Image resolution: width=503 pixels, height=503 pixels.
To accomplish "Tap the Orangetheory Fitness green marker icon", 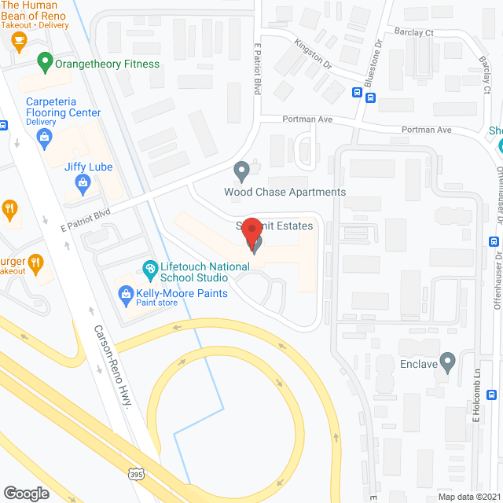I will (45, 61).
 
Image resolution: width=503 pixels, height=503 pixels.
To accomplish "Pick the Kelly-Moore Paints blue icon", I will (124, 295).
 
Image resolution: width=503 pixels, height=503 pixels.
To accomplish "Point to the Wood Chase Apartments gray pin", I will (242, 170).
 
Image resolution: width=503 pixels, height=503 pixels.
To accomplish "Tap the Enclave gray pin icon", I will (448, 362).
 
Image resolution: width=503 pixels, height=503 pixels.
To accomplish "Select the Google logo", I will (26, 493).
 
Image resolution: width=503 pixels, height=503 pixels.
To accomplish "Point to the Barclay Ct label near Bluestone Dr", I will (413, 33).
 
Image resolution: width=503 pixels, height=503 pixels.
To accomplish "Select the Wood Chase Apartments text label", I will (285, 192).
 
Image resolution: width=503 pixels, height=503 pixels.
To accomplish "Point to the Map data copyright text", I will (468, 496).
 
